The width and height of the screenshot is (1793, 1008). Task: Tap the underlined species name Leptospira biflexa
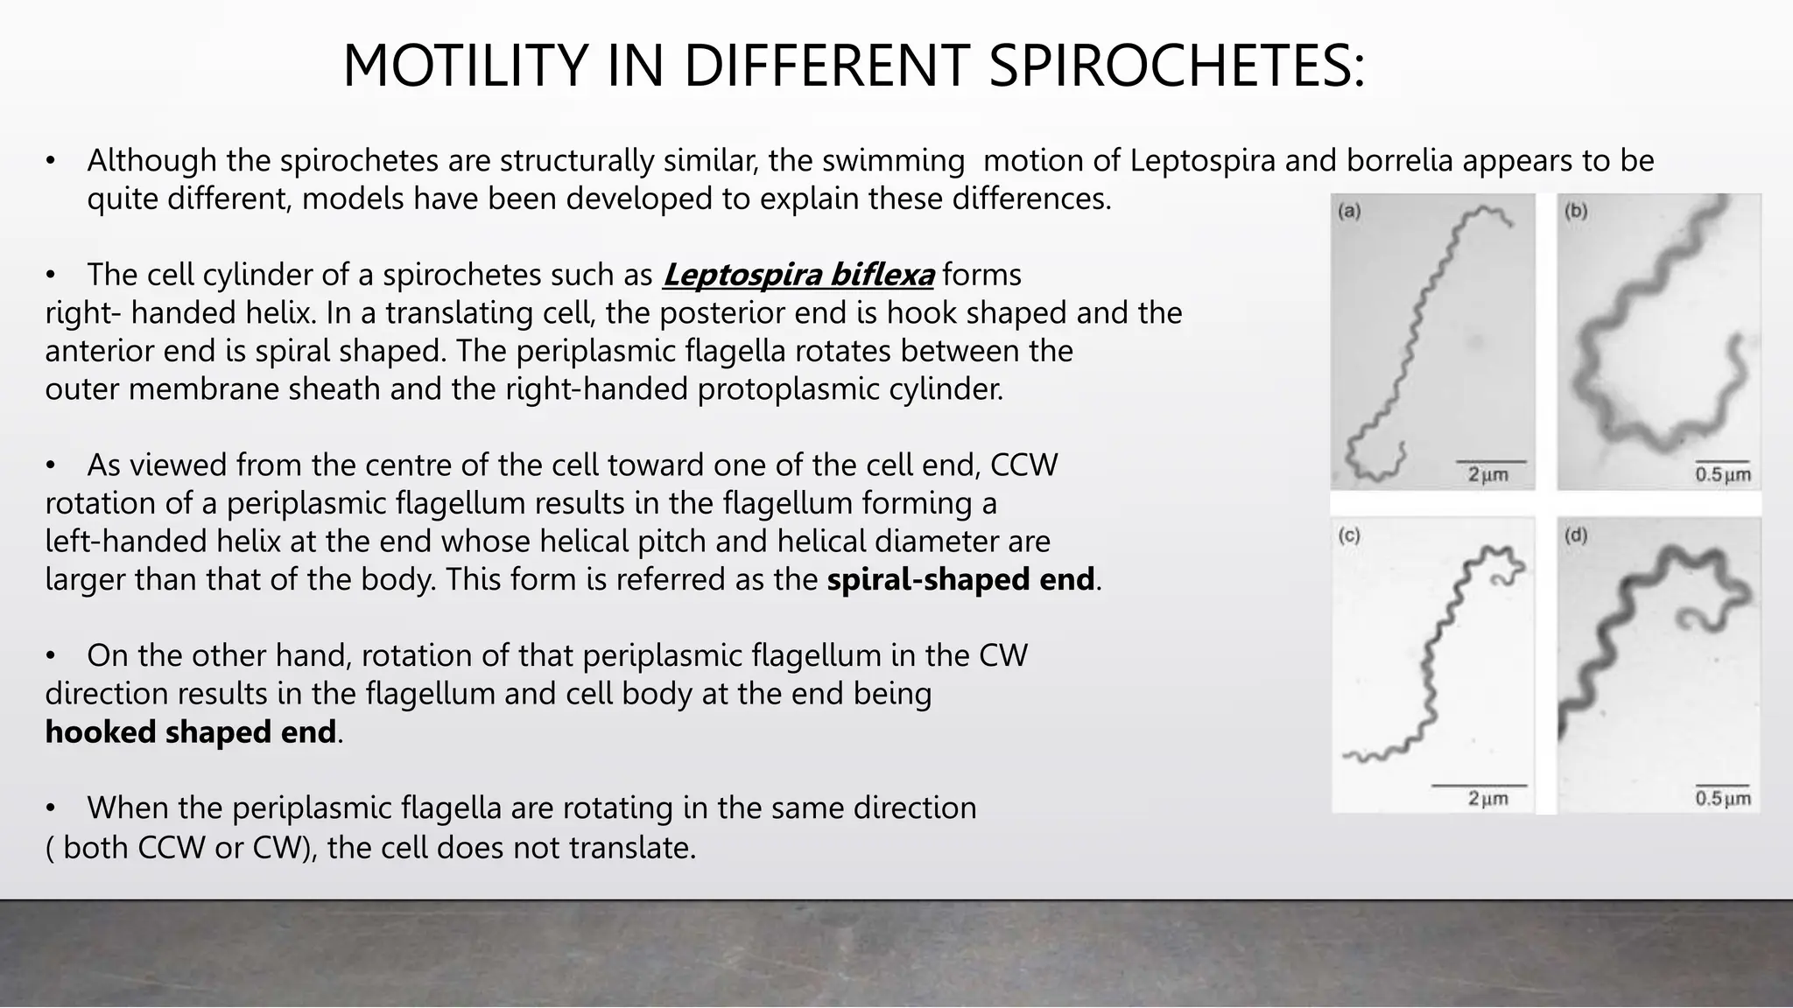(x=798, y=275)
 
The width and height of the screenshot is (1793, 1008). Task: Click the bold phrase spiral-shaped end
(x=960, y=579)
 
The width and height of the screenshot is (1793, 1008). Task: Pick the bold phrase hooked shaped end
(x=191, y=731)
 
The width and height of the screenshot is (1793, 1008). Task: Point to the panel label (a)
(x=1349, y=211)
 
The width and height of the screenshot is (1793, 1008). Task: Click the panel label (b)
(x=1576, y=211)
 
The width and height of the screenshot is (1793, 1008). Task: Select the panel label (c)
(x=1349, y=535)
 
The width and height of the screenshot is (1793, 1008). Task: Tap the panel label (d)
(x=1576, y=535)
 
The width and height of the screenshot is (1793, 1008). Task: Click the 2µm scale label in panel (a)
(x=1487, y=475)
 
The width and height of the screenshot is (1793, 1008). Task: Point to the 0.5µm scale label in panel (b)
(x=1722, y=475)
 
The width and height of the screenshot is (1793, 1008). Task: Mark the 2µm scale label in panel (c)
(x=1487, y=799)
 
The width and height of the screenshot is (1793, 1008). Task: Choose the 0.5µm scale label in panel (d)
(x=1722, y=799)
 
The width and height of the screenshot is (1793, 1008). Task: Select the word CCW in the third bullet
(x=1023, y=465)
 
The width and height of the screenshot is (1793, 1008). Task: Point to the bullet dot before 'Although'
(x=52, y=162)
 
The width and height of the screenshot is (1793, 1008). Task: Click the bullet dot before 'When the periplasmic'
(x=52, y=808)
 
